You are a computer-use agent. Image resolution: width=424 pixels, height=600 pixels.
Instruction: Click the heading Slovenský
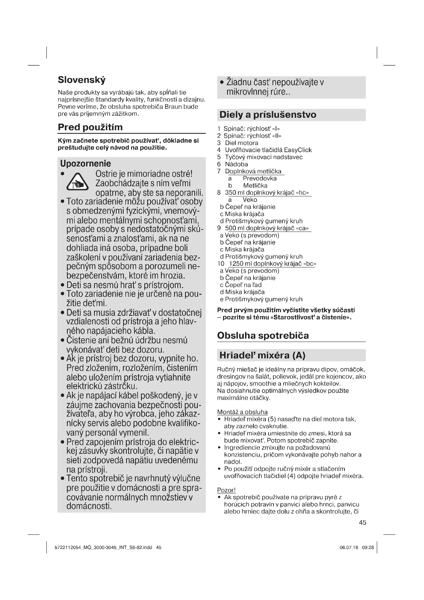tap(82, 80)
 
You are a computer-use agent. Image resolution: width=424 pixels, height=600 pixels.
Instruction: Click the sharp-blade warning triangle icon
tap(77, 182)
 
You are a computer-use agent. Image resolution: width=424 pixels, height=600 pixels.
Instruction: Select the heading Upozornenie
tap(85, 164)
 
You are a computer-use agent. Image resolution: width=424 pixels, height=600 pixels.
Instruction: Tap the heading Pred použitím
tap(90, 127)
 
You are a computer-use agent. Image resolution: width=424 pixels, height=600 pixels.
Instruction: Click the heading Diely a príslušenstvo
tap(268, 115)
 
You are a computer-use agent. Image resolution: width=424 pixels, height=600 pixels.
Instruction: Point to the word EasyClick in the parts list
tap(298, 150)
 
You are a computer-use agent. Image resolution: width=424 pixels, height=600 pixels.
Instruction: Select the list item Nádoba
tap(236, 164)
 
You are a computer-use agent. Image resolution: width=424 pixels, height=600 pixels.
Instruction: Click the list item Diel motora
tap(241, 143)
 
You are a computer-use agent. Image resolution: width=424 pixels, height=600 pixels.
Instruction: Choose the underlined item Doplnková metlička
tap(253, 171)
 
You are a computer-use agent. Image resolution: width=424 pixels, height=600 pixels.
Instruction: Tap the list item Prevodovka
tap(259, 179)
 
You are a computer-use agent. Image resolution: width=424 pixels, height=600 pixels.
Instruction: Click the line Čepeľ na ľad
tap(243, 285)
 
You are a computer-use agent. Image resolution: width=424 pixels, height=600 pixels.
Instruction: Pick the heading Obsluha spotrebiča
tap(263, 336)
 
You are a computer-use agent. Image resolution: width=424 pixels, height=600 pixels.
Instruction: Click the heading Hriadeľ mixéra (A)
tap(262, 355)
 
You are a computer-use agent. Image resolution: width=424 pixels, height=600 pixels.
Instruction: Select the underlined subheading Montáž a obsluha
tap(242, 412)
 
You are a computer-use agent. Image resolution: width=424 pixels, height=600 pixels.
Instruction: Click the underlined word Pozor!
tap(226, 490)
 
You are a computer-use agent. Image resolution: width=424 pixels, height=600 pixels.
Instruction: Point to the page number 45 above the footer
tap(362, 523)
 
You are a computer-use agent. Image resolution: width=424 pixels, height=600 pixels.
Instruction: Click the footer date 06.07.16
tap(349, 548)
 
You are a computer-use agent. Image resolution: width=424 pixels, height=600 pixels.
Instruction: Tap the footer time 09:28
tap(368, 548)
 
